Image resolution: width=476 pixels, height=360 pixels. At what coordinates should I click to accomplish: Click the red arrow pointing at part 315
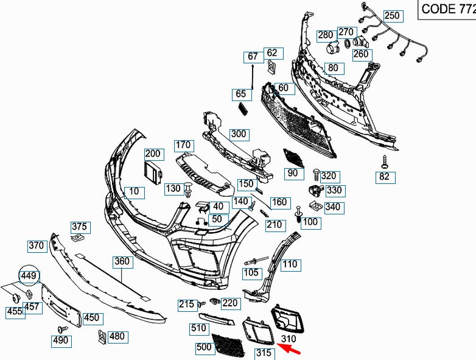click(290, 348)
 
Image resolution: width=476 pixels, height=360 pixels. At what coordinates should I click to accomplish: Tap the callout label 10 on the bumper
click(133, 192)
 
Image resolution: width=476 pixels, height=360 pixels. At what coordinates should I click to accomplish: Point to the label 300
click(238, 134)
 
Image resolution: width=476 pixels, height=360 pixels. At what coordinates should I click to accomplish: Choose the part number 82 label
click(384, 177)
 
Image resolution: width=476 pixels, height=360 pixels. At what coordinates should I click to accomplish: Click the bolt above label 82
click(385, 161)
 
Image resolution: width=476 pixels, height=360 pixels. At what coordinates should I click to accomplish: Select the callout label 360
click(122, 262)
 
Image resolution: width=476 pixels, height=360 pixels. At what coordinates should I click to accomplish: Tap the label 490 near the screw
click(60, 341)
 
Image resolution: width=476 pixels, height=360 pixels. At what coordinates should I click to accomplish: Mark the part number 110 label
click(290, 264)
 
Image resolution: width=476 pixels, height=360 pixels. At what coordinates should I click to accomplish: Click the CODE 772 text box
click(448, 9)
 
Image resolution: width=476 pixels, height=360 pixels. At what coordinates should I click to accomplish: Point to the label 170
click(183, 146)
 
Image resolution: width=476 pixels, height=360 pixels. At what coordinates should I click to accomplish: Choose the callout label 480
click(116, 336)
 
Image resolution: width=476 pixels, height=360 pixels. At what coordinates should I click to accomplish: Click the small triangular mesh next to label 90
click(295, 157)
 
